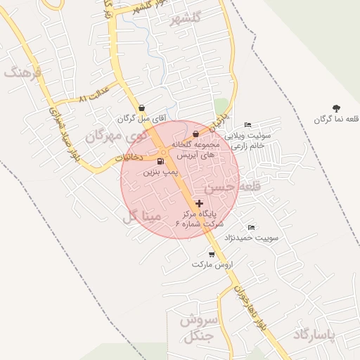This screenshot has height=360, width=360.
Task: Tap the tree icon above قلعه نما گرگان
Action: pyautogui.click(x=337, y=108)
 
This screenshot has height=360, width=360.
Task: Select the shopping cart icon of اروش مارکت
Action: pyautogui.click(x=211, y=255)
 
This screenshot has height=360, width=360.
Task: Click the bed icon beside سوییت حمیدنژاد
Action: pyautogui.click(x=252, y=227)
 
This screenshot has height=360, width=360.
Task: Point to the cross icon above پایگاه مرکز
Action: pyautogui.click(x=200, y=203)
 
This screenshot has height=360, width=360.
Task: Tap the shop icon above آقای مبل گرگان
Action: pyautogui.click(x=143, y=108)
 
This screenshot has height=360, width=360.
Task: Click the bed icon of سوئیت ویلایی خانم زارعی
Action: pyautogui.click(x=247, y=124)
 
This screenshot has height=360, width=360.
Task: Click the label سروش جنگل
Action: pyautogui.click(x=200, y=328)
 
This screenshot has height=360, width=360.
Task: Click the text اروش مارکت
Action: pyautogui.click(x=216, y=265)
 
